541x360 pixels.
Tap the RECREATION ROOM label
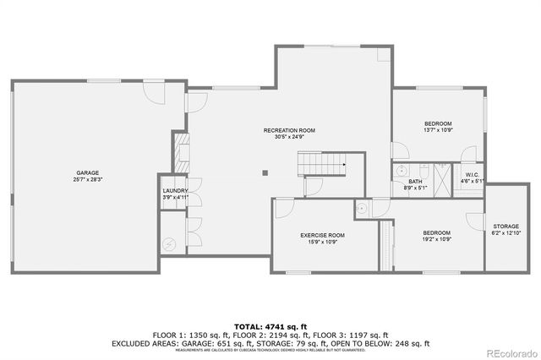click(289, 130)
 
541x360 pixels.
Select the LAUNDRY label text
click(175, 191)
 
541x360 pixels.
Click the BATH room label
click(415, 181)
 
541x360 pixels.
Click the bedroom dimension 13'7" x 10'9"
click(437, 130)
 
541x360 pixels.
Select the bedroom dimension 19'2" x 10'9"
click(436, 239)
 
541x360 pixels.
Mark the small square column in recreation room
click(265, 173)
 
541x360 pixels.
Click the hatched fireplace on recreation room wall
click(179, 152)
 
